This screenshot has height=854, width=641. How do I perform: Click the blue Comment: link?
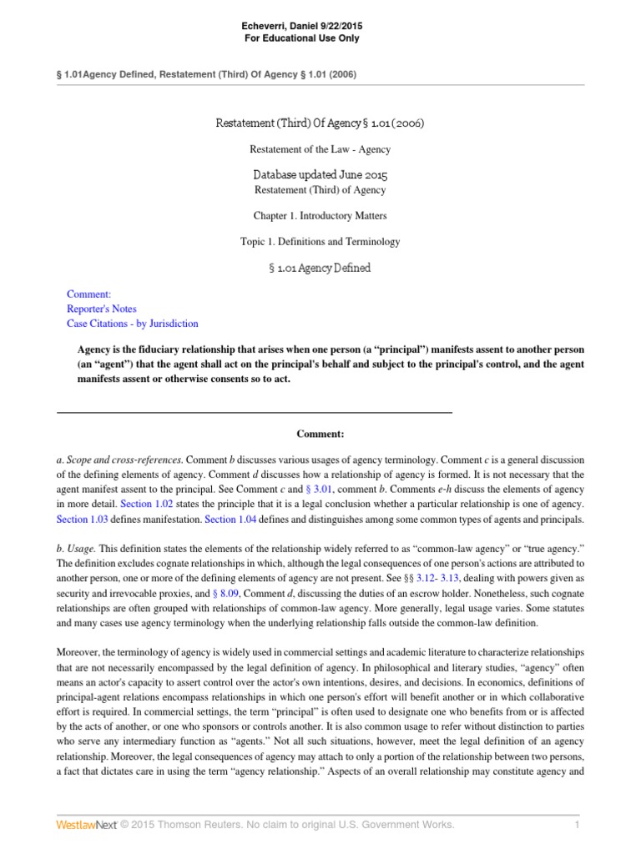pos(88,294)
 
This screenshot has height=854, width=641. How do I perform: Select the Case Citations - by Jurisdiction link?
pos(132,323)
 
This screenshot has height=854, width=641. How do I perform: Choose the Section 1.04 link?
pos(233,520)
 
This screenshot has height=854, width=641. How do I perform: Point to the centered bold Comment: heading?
pos(320,434)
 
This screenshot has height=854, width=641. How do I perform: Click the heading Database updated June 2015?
pos(320,175)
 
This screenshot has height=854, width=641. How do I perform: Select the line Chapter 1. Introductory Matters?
pos(320,216)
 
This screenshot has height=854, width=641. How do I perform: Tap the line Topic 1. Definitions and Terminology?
pos(320,242)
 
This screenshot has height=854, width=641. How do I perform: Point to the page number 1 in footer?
pos(576,825)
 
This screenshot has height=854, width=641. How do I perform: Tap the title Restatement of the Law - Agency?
pos(320,149)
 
